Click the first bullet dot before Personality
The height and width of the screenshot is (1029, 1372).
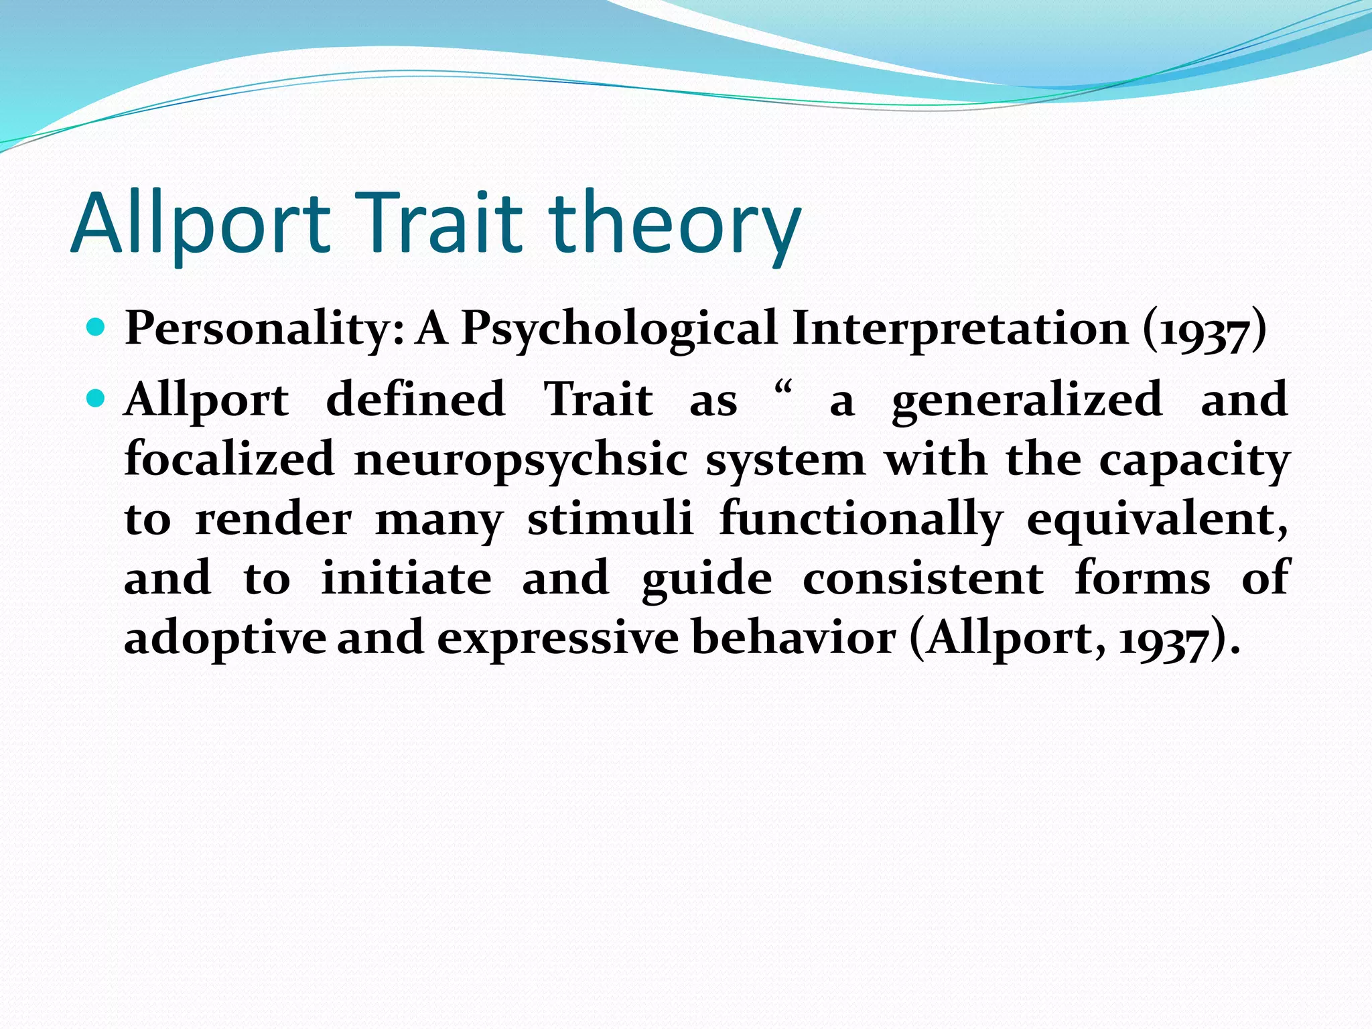96,328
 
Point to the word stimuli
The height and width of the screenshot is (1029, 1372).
610,519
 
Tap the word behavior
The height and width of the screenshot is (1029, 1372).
793,637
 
